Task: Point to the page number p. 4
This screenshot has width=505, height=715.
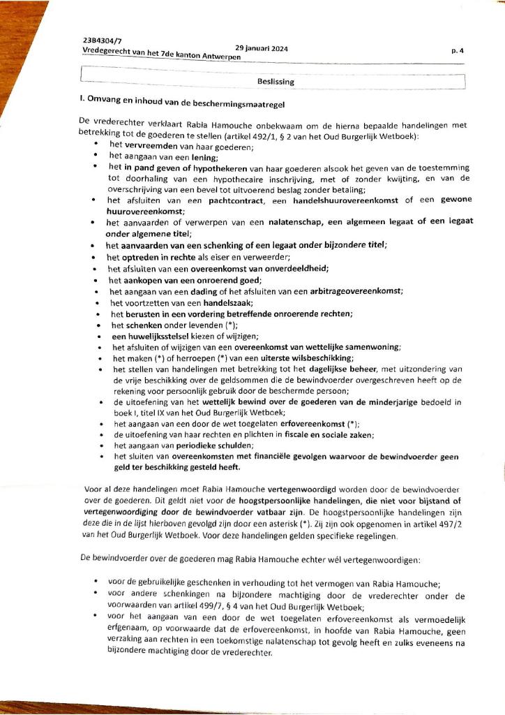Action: [x=458, y=50]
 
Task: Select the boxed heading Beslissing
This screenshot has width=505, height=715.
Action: [x=276, y=82]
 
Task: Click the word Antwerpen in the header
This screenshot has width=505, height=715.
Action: [x=220, y=57]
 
